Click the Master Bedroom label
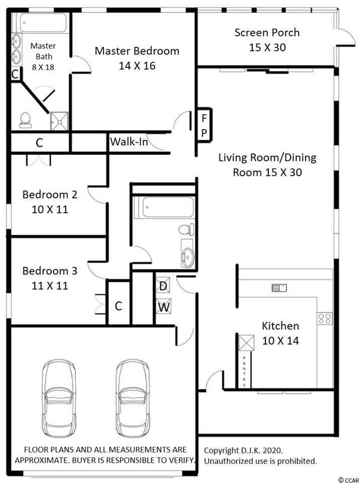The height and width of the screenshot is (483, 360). click(x=137, y=51)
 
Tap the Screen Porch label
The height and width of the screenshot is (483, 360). click(x=267, y=33)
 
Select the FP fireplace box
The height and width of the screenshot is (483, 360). click(x=204, y=125)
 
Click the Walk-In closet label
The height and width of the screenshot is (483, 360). click(x=129, y=142)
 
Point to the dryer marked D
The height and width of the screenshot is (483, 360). click(x=163, y=285)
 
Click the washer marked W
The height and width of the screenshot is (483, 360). click(x=163, y=306)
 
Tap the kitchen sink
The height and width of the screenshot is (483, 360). click(x=280, y=288)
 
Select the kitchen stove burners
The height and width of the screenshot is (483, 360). click(x=325, y=318)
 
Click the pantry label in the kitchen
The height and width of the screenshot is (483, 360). click(x=244, y=371)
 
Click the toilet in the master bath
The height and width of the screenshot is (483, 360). click(x=25, y=120)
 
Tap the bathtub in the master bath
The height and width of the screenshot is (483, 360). click(x=43, y=23)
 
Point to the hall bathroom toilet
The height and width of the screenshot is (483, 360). click(x=187, y=230)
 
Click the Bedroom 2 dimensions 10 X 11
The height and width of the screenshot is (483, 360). click(x=50, y=209)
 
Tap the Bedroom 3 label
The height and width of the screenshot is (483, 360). click(x=50, y=271)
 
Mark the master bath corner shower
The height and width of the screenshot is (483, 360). click(x=59, y=121)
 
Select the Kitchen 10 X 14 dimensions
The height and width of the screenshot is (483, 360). click(x=281, y=341)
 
